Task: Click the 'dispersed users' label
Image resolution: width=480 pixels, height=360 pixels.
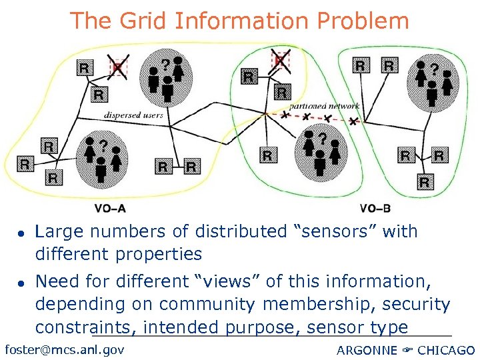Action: (133, 115)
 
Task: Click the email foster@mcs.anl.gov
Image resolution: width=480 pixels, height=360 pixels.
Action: (64, 349)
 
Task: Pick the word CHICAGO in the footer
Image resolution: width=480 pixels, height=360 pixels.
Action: (447, 350)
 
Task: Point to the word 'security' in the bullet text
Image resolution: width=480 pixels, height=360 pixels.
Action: (419, 304)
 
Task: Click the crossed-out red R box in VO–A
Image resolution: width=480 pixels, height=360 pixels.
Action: (118, 67)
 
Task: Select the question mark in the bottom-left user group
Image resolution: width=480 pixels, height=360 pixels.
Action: (103, 144)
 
